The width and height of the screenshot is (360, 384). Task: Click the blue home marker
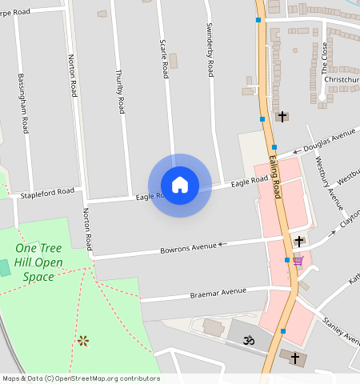coord(180,185)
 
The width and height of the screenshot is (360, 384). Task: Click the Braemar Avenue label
coord(218,292)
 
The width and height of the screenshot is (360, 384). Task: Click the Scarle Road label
coord(164,58)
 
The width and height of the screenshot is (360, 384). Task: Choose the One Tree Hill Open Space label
coord(38,262)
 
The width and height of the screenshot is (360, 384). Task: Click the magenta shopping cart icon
coord(298,261)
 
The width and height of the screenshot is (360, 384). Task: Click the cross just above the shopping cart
coord(299,241)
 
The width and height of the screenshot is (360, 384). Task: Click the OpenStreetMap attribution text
coord(80,378)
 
